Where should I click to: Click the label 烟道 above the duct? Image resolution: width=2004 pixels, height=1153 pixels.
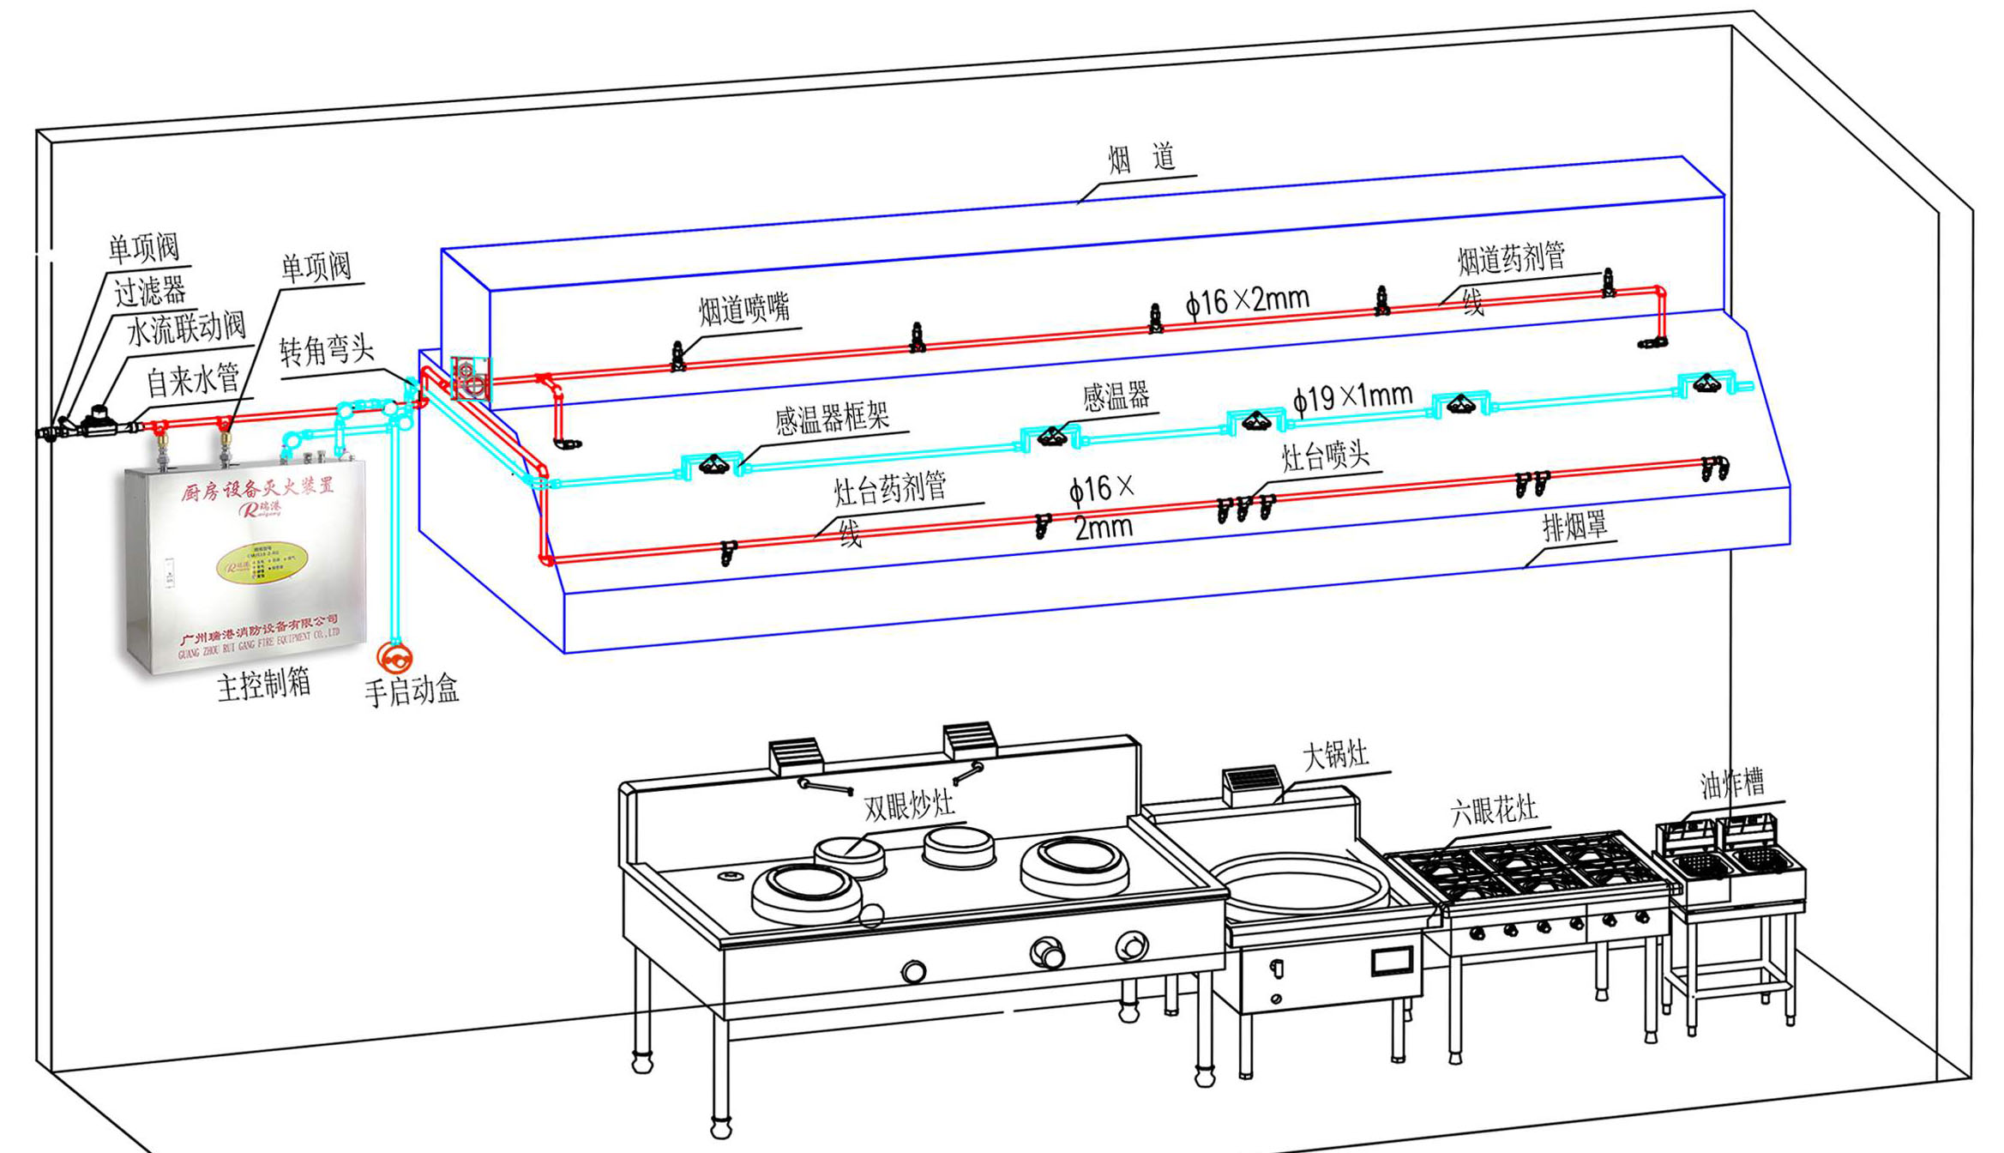(1140, 159)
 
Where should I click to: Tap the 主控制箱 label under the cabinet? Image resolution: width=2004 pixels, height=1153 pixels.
(263, 685)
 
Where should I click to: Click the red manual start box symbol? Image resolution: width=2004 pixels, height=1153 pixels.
(395, 658)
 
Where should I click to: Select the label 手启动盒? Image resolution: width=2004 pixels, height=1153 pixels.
(412, 691)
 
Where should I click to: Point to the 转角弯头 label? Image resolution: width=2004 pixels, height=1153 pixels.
(327, 350)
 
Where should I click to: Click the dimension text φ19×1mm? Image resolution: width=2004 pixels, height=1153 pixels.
(1352, 397)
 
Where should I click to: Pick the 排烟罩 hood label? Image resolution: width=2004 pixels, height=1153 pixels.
(1574, 527)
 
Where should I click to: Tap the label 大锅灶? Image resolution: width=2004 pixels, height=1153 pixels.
(1335, 756)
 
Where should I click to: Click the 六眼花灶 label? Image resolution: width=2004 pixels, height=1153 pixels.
(1493, 811)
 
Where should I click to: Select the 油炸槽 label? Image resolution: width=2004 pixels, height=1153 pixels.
(1732, 783)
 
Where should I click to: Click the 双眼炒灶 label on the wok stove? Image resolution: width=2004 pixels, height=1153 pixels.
(908, 806)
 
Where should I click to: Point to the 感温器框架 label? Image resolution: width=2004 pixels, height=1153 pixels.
(832, 418)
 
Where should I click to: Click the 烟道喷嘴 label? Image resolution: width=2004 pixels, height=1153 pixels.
(743, 309)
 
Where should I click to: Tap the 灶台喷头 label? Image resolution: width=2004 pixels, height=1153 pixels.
(1325, 456)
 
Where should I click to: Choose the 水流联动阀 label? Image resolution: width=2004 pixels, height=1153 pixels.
(186, 329)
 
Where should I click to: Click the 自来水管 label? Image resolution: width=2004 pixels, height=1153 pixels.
(192, 380)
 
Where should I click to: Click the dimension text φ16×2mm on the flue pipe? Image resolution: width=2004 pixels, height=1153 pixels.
(1248, 301)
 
